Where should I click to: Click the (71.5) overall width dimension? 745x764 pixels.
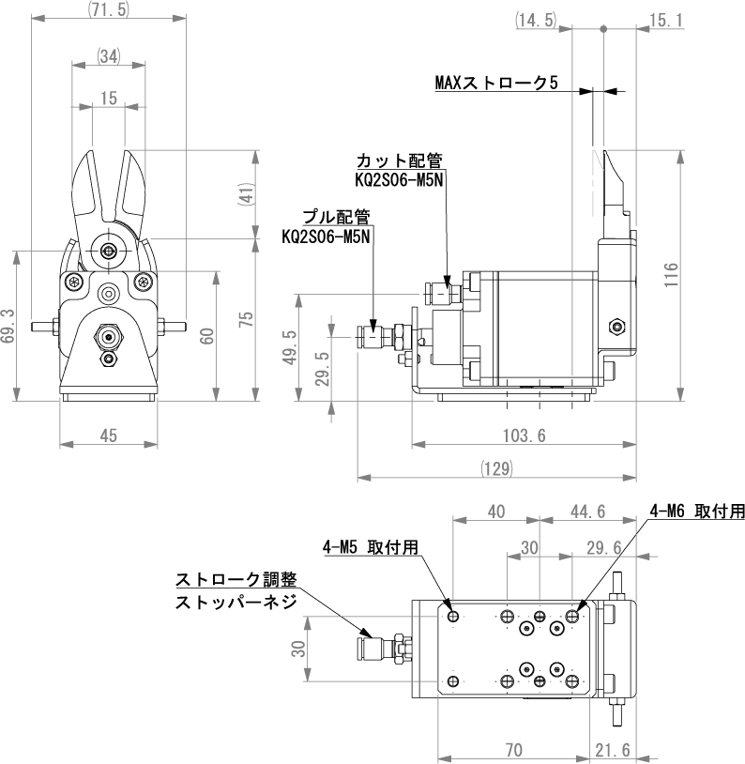pyautogui.click(x=108, y=9)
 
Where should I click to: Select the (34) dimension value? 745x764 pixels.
pyautogui.click(x=108, y=55)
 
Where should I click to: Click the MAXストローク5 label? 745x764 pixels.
pyautogui.click(x=496, y=83)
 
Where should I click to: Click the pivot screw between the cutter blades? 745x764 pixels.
pyautogui.click(x=112, y=251)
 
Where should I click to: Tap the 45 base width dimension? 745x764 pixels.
pyautogui.click(x=108, y=435)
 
